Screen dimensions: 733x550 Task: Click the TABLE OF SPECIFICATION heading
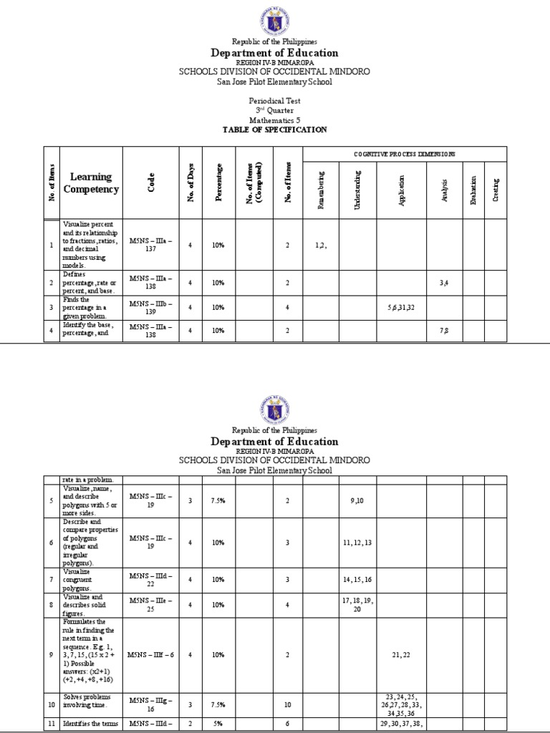pos(275,130)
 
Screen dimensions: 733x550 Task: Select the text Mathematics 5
pos(275,121)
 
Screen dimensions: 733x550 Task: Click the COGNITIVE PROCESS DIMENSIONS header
pos(405,155)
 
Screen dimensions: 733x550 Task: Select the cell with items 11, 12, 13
pos(357,543)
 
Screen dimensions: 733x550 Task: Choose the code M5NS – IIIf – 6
pos(151,654)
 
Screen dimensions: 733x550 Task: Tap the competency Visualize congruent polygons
pos(81,579)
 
